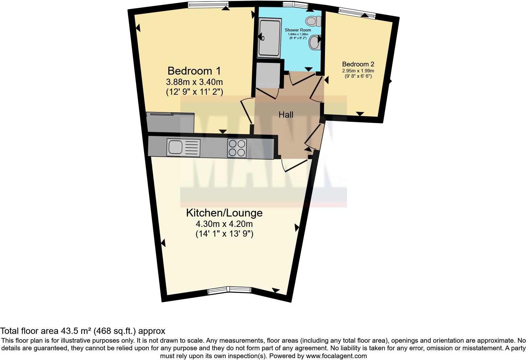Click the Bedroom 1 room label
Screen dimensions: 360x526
(x=194, y=70)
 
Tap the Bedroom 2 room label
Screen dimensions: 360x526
(x=358, y=64)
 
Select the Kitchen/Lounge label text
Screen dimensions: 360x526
(x=224, y=213)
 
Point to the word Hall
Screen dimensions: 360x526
(x=286, y=115)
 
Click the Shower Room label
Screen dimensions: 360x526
(x=298, y=30)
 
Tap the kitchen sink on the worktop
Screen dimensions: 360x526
(x=175, y=147)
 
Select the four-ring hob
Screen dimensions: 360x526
(x=237, y=148)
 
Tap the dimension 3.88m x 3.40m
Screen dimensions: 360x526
(x=194, y=82)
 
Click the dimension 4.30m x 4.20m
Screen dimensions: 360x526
(x=224, y=224)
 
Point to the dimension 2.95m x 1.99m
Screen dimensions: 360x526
(x=358, y=71)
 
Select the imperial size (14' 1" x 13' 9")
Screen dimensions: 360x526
(x=224, y=234)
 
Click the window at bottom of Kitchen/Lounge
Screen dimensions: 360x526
(x=229, y=290)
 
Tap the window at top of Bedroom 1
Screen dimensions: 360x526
(x=208, y=4)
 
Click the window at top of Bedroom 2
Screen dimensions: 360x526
(x=357, y=13)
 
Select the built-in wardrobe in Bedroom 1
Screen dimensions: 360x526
(x=170, y=123)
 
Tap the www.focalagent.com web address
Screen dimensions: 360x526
(x=336, y=356)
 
